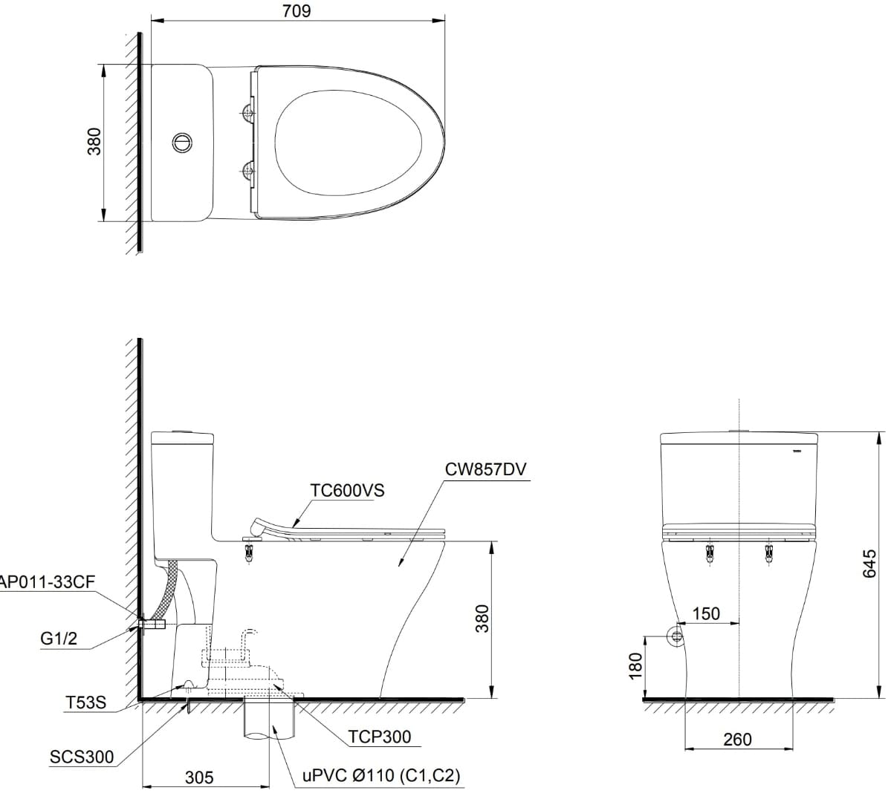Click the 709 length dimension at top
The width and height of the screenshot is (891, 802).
[x=297, y=11]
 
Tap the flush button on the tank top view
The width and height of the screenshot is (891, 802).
[x=182, y=141]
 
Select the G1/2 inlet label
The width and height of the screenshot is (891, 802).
[x=59, y=639]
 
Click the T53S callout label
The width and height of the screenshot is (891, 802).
[x=85, y=701]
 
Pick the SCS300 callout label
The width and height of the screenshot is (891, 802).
[x=82, y=757]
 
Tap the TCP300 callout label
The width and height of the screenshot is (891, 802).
[x=379, y=737]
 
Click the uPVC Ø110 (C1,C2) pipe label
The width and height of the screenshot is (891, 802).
[x=381, y=776]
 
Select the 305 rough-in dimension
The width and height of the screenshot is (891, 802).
[x=198, y=777]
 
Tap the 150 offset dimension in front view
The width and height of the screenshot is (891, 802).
[x=706, y=614]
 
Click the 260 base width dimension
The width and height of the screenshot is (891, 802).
[x=736, y=740]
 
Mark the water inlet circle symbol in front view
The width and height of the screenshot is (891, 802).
[x=676, y=636]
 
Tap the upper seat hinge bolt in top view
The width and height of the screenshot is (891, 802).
[x=248, y=113]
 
